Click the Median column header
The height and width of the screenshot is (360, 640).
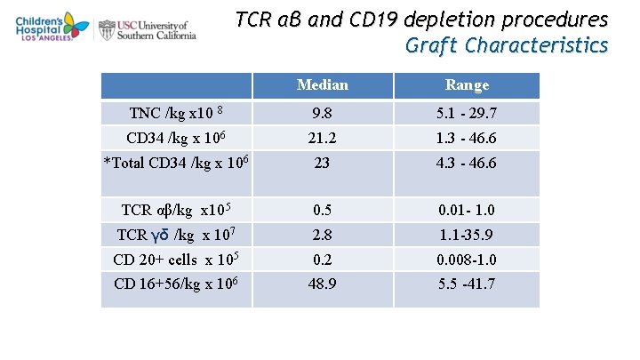tap(323, 85)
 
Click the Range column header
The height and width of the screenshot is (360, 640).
tap(467, 85)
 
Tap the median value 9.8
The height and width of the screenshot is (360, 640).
tap(323, 114)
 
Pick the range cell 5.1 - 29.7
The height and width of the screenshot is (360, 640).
tap(467, 114)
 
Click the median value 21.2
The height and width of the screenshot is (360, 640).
tap(323, 139)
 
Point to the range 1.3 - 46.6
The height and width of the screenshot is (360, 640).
tap(467, 139)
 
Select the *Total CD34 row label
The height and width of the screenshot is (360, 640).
tap(176, 163)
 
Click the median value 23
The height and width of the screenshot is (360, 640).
tap(323, 164)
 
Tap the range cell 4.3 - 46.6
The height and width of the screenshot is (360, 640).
tap(467, 164)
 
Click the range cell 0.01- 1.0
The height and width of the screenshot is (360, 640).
tap(467, 211)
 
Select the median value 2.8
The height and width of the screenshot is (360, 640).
tap(323, 235)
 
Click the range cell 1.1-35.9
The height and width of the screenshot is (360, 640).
tap(467, 235)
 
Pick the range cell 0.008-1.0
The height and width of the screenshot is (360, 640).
tap(467, 260)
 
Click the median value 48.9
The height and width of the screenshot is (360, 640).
tap(323, 284)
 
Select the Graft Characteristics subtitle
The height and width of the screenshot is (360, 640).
tap(507, 45)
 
